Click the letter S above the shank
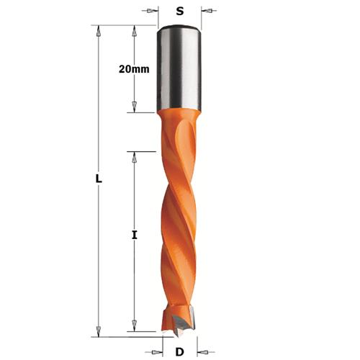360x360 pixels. click(180, 12)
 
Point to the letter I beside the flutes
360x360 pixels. click(135, 235)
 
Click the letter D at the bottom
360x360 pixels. click(180, 351)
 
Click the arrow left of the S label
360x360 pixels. click(153, 11)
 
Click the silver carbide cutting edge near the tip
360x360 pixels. click(189, 317)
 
